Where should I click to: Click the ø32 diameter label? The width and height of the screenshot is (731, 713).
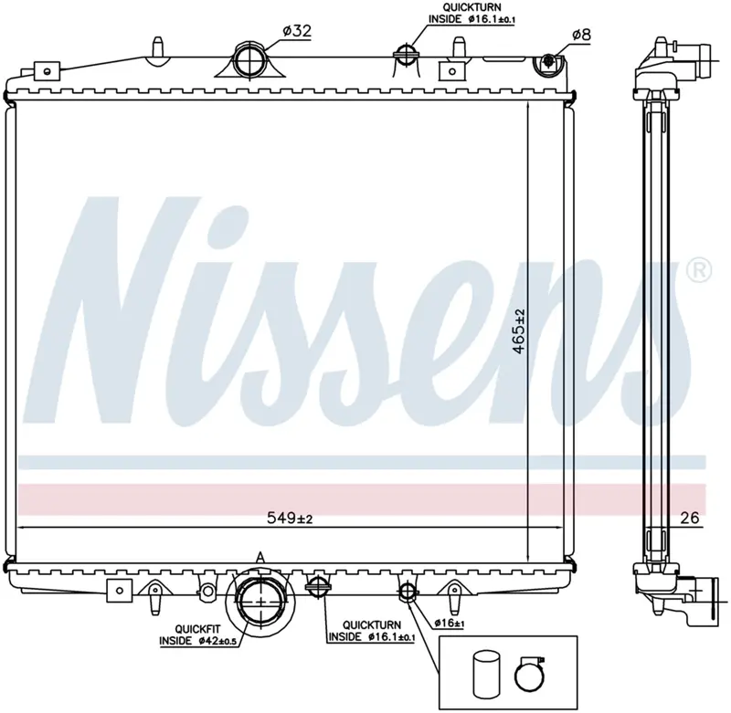[x=297, y=31]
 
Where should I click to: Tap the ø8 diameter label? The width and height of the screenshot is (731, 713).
[x=581, y=35]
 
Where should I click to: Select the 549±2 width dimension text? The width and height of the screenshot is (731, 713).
[x=290, y=518]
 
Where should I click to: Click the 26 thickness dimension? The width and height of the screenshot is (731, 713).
[x=690, y=518]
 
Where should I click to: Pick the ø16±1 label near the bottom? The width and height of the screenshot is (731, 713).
[x=449, y=623]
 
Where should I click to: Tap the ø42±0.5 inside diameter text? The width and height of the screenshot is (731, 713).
[x=217, y=641]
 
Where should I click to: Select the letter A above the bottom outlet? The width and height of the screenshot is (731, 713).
[x=260, y=558]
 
